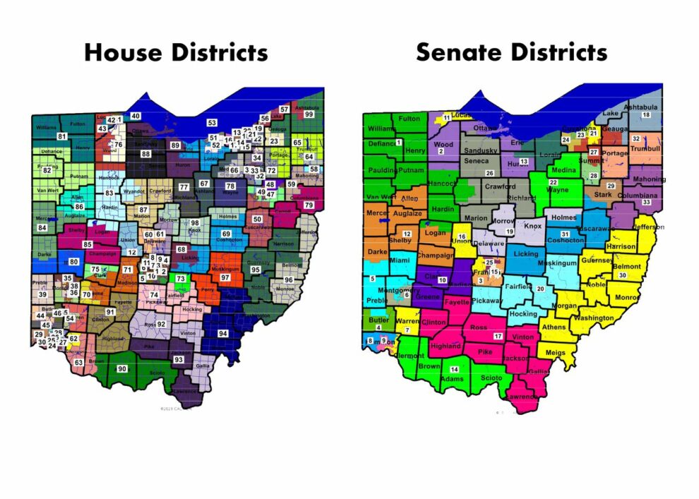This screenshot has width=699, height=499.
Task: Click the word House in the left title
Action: pyautogui.click(x=126, y=53)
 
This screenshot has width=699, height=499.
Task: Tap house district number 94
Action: pyautogui.click(x=223, y=332)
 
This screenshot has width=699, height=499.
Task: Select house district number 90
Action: pyautogui.click(x=121, y=369)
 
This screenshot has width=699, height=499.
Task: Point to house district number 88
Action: pyautogui.click(x=146, y=154)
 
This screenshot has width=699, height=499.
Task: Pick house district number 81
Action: pyautogui.click(x=62, y=136)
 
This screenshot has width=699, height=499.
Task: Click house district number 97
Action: pyautogui.click(x=225, y=278)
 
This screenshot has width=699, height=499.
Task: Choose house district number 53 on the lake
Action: pyautogui.click(x=211, y=123)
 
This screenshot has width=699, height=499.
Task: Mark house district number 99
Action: pyautogui.click(x=309, y=114)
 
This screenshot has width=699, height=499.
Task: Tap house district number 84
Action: pyautogui.click(x=42, y=228)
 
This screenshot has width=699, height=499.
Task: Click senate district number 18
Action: pyautogui.click(x=645, y=115)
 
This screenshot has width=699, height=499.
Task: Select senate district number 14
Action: pyautogui.click(x=454, y=370)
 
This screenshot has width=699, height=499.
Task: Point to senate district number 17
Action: pyautogui.click(x=498, y=336)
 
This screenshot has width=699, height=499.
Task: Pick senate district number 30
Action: pyautogui.click(x=623, y=275)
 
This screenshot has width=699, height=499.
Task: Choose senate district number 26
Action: pyautogui.click(x=489, y=173)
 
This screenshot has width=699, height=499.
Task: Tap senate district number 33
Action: pyautogui.click(x=646, y=203)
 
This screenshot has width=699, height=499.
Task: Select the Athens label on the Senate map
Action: pyautogui.click(x=554, y=327)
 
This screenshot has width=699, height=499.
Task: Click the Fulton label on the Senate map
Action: pyautogui.click(x=409, y=119)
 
